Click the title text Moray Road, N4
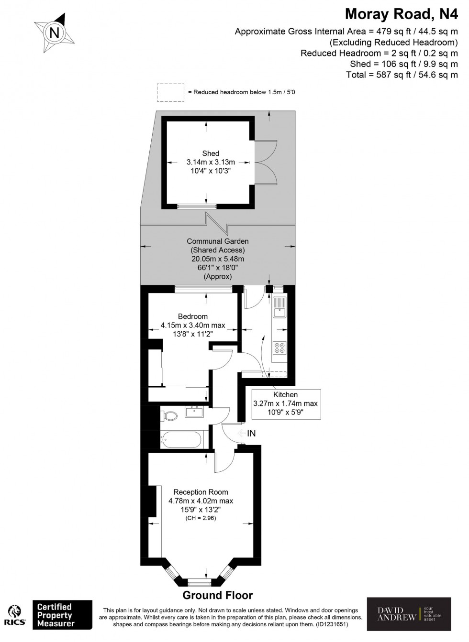click(x=401, y=14)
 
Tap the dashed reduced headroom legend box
click(x=170, y=92)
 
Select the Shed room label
click(x=211, y=153)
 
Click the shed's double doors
click(x=266, y=162)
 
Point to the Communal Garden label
click(x=218, y=241)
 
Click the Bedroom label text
click(x=193, y=316)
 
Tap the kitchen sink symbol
click(x=279, y=308)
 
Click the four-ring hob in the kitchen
click(x=279, y=348)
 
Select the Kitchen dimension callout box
click(x=285, y=403)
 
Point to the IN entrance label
click(x=251, y=434)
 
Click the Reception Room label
click(x=201, y=492)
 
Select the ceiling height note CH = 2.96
click(x=201, y=518)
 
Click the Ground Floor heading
click(x=217, y=595)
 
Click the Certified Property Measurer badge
click(x=62, y=615)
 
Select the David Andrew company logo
click(x=409, y=614)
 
